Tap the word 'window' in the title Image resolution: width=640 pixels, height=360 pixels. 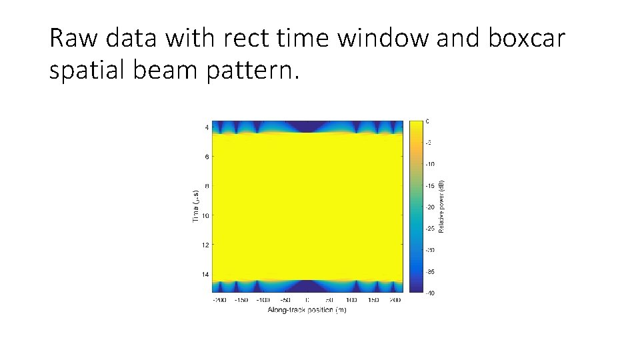click(385, 39)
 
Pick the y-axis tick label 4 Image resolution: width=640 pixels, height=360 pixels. click(207, 128)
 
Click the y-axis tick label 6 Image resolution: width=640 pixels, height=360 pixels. click(207, 157)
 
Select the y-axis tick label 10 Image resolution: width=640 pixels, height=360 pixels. click(205, 216)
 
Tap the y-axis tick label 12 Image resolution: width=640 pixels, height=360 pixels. click(205, 245)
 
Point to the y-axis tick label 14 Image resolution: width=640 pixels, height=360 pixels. click(205, 275)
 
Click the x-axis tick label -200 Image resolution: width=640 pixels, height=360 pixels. click(219, 301)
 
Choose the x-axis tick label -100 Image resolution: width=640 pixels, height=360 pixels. click(263, 301)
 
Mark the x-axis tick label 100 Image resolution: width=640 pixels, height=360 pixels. click(351, 301)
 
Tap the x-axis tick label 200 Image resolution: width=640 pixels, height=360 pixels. click(395, 301)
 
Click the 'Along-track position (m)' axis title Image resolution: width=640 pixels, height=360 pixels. click(307, 310)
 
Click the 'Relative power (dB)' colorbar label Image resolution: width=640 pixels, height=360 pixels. click(441, 207)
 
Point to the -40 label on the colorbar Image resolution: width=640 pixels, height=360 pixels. click(431, 293)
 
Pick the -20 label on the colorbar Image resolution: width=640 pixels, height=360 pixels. click(431, 207)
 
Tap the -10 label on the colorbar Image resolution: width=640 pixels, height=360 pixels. click(431, 164)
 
